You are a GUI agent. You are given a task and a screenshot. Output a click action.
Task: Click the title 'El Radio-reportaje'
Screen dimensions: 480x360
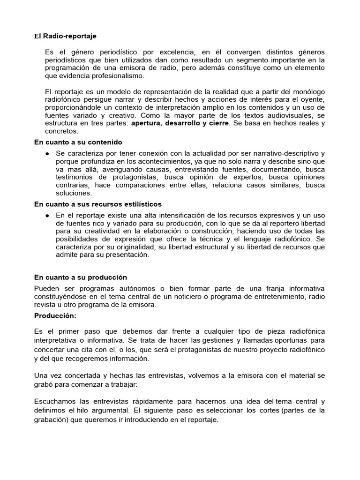(66, 36)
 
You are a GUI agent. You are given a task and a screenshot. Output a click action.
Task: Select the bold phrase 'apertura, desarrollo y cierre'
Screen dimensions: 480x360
(180, 123)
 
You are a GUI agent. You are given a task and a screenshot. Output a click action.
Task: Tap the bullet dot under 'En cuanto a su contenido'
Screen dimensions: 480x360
(48, 153)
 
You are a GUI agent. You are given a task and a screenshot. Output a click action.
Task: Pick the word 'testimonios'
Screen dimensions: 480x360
(75, 177)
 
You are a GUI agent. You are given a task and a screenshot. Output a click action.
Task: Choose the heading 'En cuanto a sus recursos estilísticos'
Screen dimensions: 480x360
(98, 204)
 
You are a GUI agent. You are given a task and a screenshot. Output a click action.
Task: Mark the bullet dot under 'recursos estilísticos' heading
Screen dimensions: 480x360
(48, 215)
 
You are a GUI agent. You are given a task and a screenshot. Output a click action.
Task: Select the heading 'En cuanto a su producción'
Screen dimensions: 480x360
(81, 277)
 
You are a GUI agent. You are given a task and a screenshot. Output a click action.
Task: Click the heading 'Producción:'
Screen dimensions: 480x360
(55, 315)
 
